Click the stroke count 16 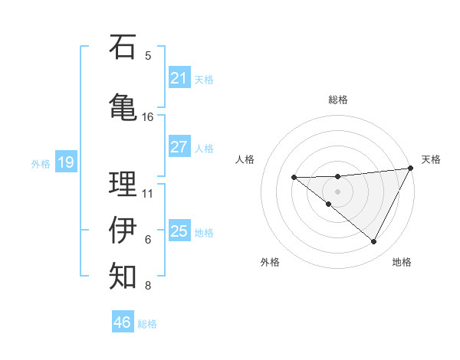pos(148,117)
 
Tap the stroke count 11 pos(148,193)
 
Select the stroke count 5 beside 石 pos(148,55)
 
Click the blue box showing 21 pos(179,78)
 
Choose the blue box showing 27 pos(179,147)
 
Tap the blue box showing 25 pos(179,231)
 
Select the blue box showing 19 pos(66,162)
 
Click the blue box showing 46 pos(123,322)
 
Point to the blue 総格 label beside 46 pos(147,324)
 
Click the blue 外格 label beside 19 pos(41,163)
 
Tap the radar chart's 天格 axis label pos(431,159)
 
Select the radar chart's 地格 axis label pos(402,262)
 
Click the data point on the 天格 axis pos(411,169)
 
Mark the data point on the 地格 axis pos(374,242)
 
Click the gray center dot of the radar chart pos(337,191)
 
